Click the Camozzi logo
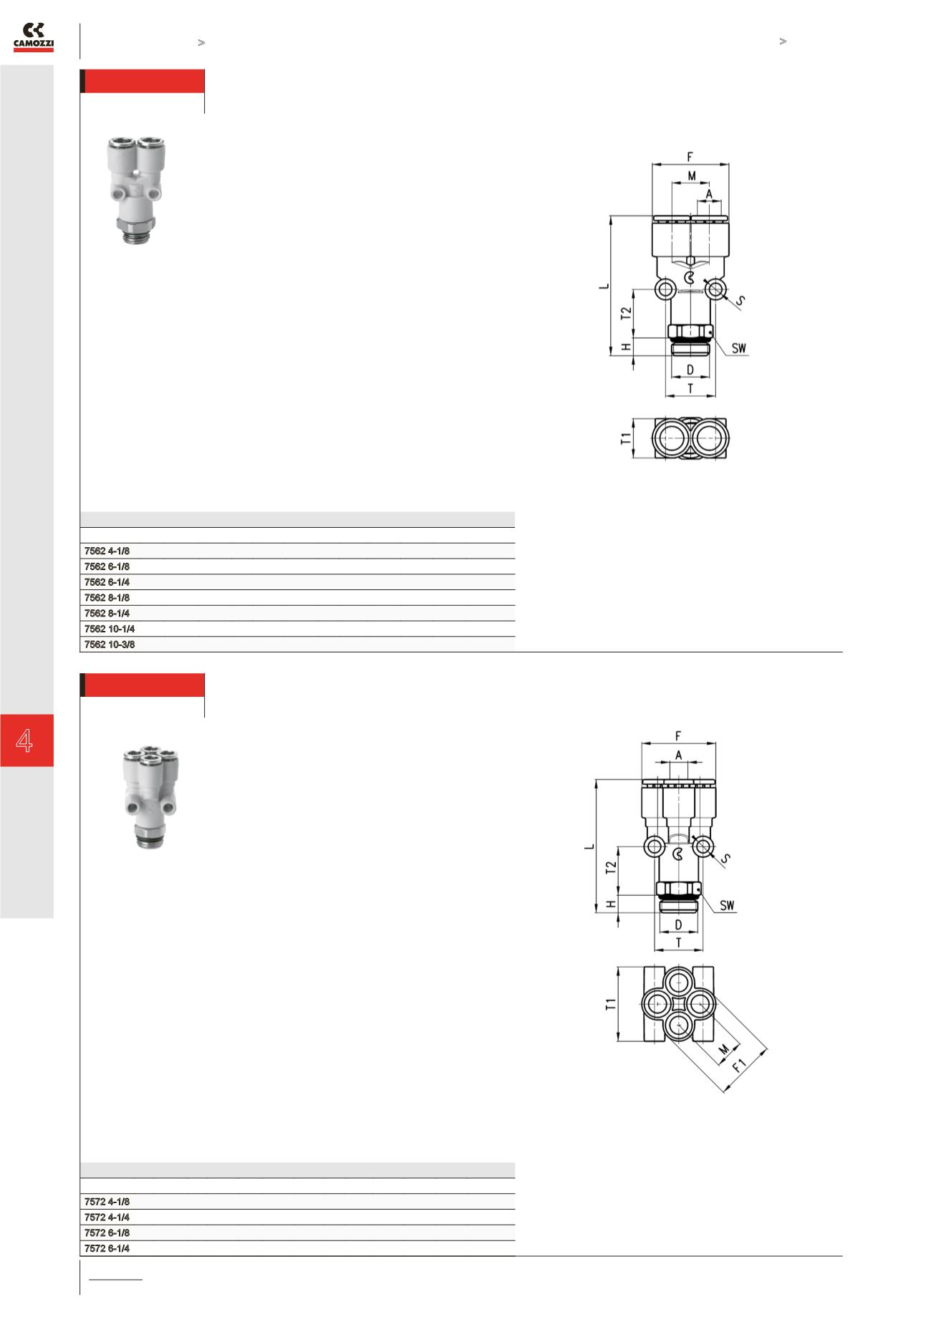pos(34,37)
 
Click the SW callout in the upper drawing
pos(739,349)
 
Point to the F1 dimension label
pos(739,1064)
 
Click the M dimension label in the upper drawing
pos(692,175)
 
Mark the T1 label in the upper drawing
pos(625,438)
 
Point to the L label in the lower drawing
pos(589,846)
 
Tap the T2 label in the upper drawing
pos(625,313)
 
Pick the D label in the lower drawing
pos(678,925)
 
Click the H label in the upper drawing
pos(625,347)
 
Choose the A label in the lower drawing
pos(678,755)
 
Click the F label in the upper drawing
pos(690,156)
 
